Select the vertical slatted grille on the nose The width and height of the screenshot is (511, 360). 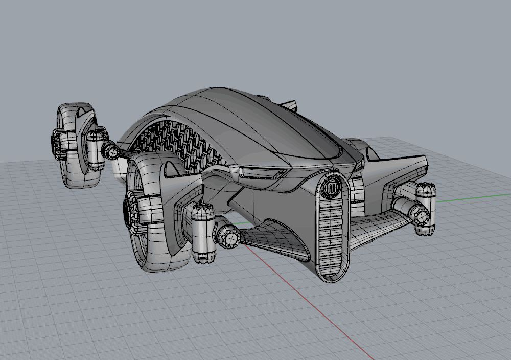pyautogui.click(x=332, y=235)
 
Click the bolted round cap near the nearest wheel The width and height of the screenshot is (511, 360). pyautogui.click(x=227, y=236)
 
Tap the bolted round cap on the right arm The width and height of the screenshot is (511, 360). pyautogui.click(x=421, y=215)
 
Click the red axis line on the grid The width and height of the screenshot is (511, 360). pyautogui.click(x=327, y=317)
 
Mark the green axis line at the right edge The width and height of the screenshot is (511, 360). pyautogui.click(x=475, y=198)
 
